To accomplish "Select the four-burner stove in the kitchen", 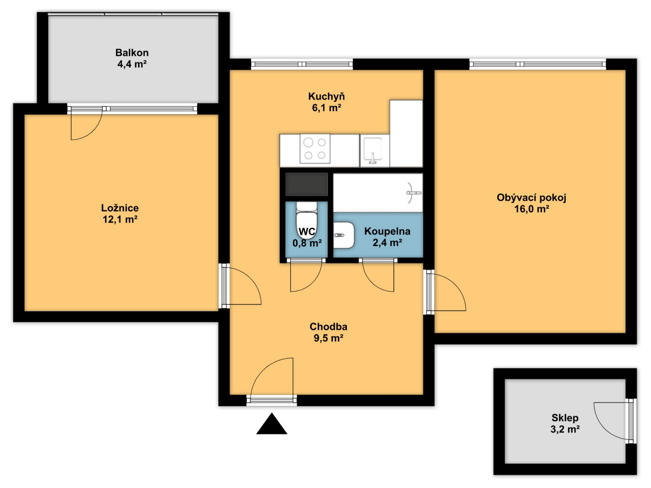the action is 315,148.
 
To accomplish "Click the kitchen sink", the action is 373,151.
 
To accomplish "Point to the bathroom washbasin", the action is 344,235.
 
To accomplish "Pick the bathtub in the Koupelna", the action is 378,193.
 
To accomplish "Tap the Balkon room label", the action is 132,53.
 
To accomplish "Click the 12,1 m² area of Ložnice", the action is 120,219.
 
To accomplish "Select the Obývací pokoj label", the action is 531,198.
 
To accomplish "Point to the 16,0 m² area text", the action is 531,209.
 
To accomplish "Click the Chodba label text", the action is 329,327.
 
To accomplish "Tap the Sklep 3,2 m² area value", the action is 565,429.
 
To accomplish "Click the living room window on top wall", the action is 538,64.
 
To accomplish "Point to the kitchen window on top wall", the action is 302,64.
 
